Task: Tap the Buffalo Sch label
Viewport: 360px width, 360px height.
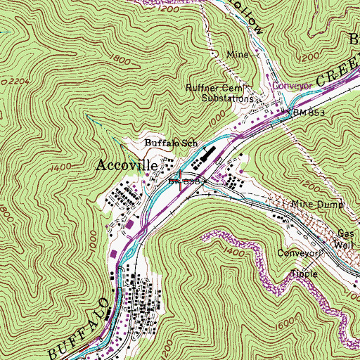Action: (x=172, y=143)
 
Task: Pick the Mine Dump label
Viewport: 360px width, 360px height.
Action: (x=317, y=205)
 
